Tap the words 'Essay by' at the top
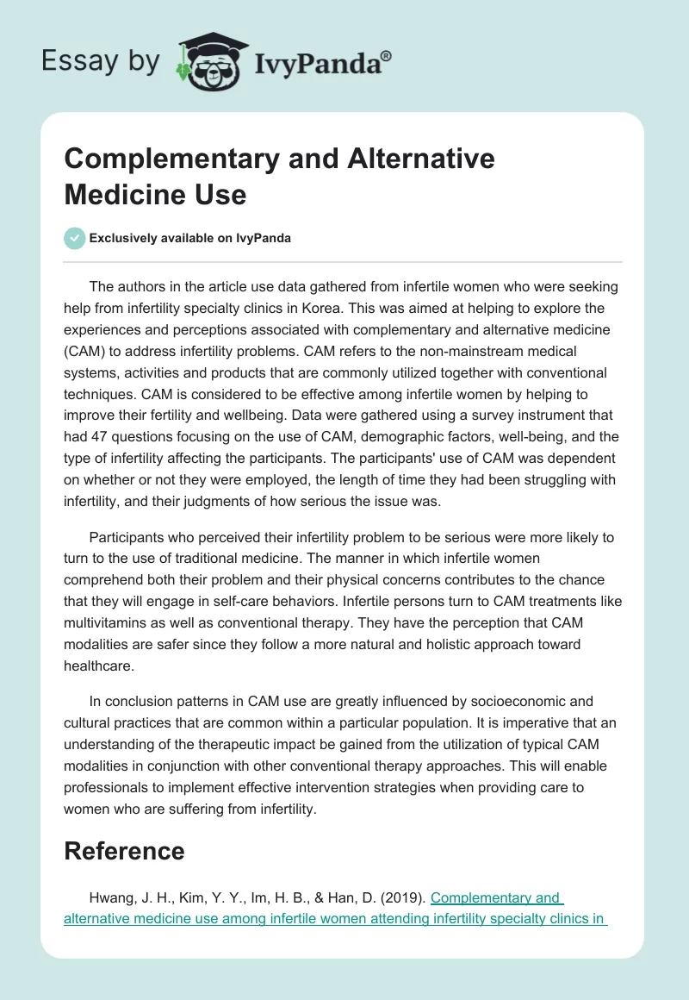click(102, 61)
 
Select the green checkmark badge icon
click(75, 238)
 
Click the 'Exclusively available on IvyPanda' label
click(190, 238)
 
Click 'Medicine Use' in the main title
click(155, 194)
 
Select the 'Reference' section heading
click(124, 851)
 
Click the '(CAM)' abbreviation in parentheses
click(84, 351)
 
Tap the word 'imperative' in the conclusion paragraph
click(542, 722)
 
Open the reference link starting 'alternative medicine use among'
click(335, 918)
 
